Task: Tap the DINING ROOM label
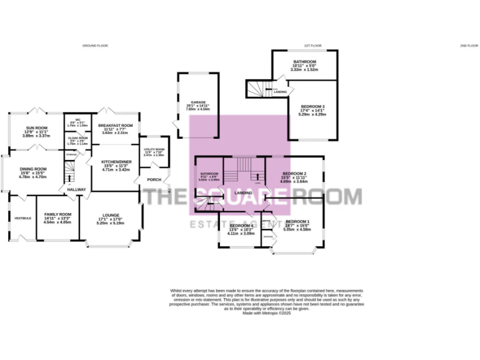click(33, 169)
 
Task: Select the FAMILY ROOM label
click(57, 214)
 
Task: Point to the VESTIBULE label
click(22, 217)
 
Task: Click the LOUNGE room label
click(109, 214)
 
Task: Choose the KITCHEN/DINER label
click(115, 161)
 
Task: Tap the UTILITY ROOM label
click(153, 149)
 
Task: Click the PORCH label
click(153, 180)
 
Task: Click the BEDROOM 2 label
click(294, 173)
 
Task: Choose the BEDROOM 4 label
click(241, 226)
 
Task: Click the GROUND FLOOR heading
click(96, 46)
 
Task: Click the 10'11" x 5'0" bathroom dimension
click(304, 66)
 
